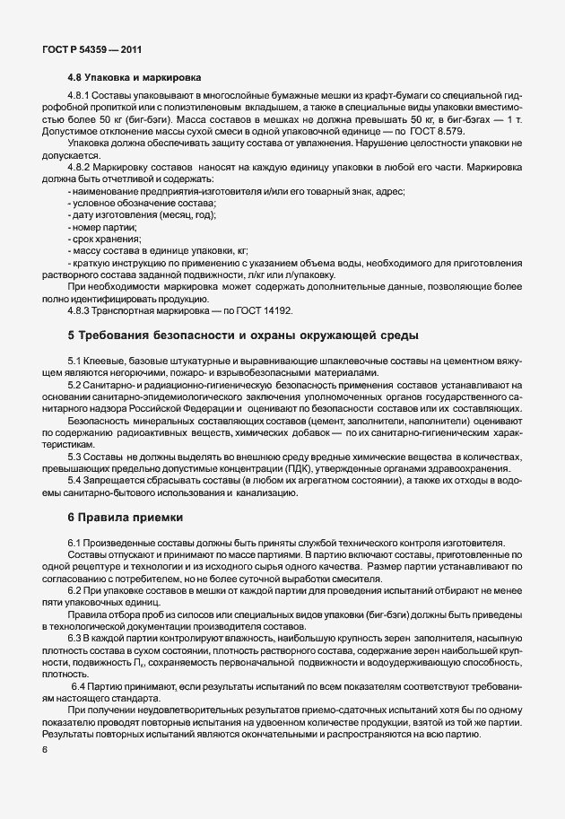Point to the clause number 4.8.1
[x=79, y=95]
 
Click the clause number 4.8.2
[x=79, y=168]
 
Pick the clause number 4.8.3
[x=79, y=309]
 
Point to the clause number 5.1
[x=74, y=360]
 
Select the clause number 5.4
[x=74, y=481]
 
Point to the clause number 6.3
[x=74, y=636]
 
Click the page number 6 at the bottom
[x=44, y=749]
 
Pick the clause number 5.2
[x=74, y=384]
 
